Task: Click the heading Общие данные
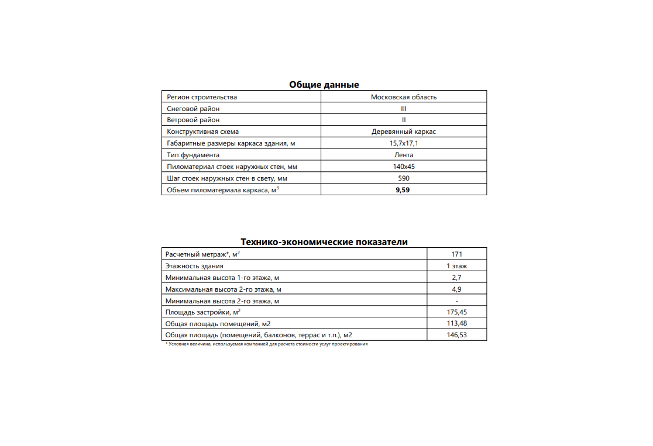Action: coord(324,85)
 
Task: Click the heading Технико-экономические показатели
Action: coord(324,242)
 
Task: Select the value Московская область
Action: coord(404,97)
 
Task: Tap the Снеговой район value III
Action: coord(404,109)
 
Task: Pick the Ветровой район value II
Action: coord(404,120)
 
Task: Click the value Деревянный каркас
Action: coord(404,132)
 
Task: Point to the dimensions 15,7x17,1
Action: coord(404,143)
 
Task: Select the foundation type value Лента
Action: coord(404,155)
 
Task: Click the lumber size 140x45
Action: coord(404,167)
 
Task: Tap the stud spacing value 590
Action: coord(404,178)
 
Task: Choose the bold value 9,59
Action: coord(404,190)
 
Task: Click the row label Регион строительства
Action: coord(202,97)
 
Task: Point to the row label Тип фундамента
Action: coord(193,155)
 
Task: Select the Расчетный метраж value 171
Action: coord(457,254)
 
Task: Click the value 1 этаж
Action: coord(457,266)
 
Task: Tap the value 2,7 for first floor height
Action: coord(457,278)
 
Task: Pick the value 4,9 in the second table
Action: coord(457,289)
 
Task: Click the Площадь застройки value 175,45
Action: coord(457,312)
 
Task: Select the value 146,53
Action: coord(457,335)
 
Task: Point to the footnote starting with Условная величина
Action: coord(267,344)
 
